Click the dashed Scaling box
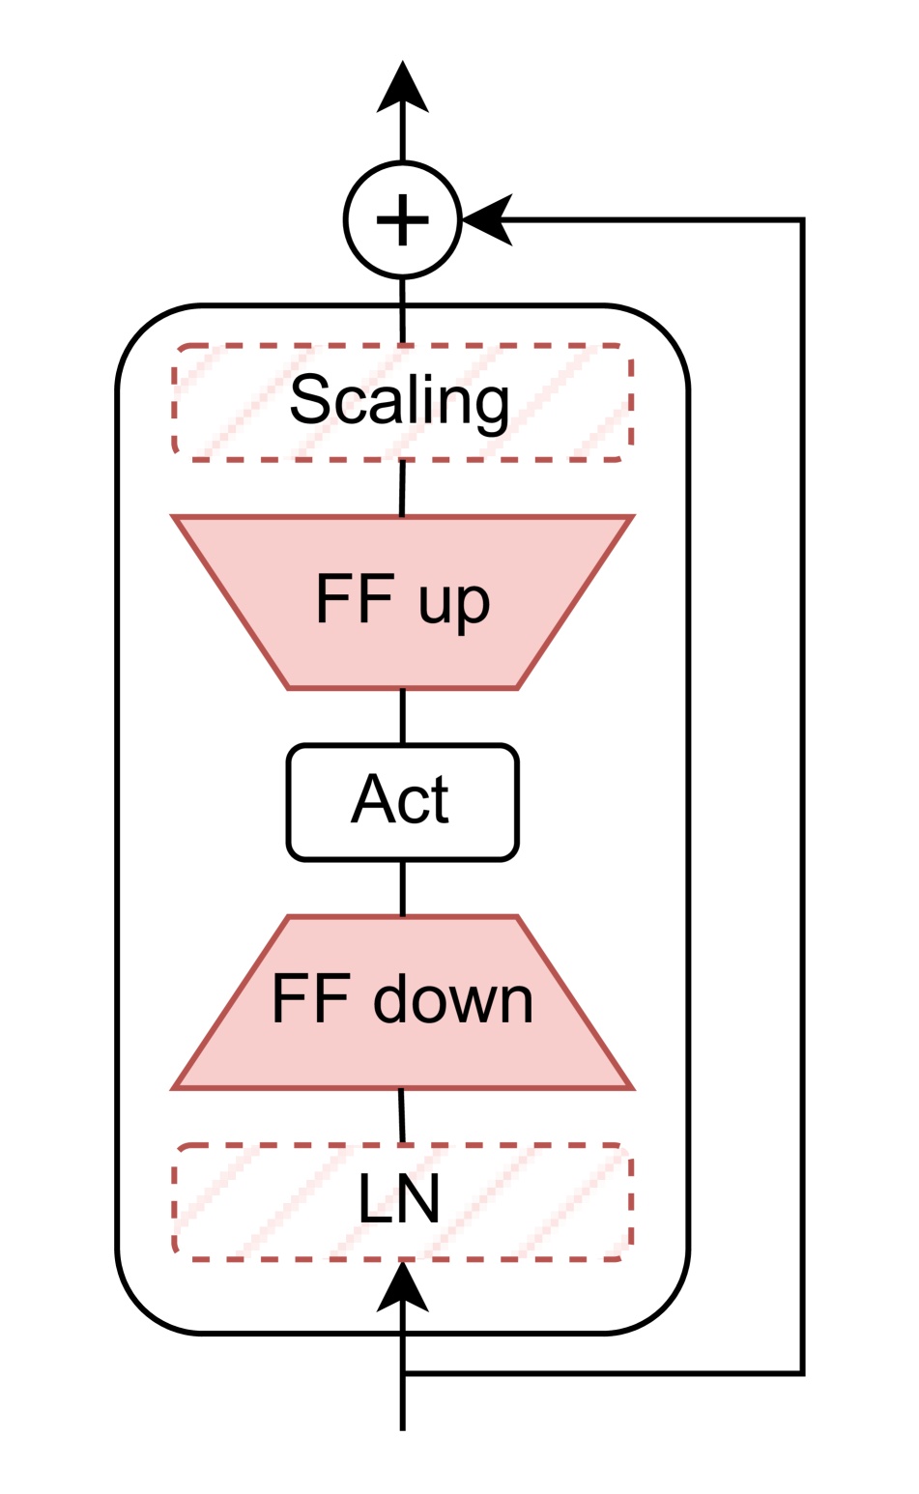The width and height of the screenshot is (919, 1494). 402,402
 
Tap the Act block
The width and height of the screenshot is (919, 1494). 402,800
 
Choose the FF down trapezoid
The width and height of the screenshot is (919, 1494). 402,1001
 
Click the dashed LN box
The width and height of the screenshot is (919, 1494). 402,1201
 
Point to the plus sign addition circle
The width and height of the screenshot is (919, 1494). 402,219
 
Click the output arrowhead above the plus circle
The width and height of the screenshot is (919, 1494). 402,89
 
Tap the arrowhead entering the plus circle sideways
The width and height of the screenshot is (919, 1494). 488,220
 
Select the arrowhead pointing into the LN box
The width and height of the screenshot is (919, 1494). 402,1287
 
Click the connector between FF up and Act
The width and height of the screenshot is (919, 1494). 402,716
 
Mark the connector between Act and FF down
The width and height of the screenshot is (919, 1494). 402,887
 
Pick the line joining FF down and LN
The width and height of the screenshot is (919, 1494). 402,1116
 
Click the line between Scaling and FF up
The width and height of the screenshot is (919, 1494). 402,489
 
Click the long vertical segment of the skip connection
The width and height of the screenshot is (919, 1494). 802,792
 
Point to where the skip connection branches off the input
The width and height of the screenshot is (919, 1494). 403,1372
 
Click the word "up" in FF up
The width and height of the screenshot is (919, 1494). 454,602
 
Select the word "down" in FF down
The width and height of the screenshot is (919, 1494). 453,999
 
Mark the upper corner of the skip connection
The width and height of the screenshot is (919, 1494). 802,220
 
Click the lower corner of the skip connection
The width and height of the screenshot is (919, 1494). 802,1372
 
